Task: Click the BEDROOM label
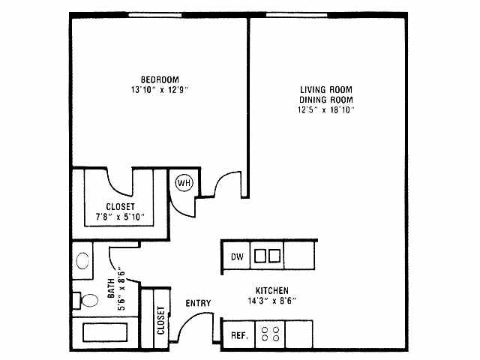tap(159, 79)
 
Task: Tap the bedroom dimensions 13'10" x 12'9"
tap(159, 90)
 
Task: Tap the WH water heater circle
tap(183, 182)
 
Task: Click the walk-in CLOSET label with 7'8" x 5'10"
tap(120, 207)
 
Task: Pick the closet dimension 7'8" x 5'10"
tap(120, 217)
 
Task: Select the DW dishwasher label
tap(237, 257)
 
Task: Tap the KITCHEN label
tap(272, 290)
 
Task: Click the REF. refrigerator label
tap(239, 335)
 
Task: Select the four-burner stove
tap(271, 334)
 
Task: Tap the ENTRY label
tap(198, 304)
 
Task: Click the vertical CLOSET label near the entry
tap(161, 319)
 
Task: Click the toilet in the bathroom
tap(87, 301)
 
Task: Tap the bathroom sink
tap(82, 261)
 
